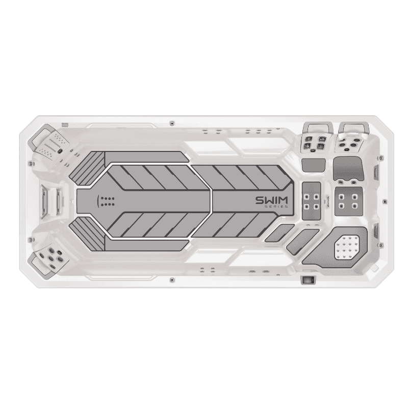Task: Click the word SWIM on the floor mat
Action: coord(271,200)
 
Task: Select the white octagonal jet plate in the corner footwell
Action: coord(347,248)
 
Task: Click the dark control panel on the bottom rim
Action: coord(308,280)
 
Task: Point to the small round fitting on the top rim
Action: coord(171,123)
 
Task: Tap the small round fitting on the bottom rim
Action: coord(171,280)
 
